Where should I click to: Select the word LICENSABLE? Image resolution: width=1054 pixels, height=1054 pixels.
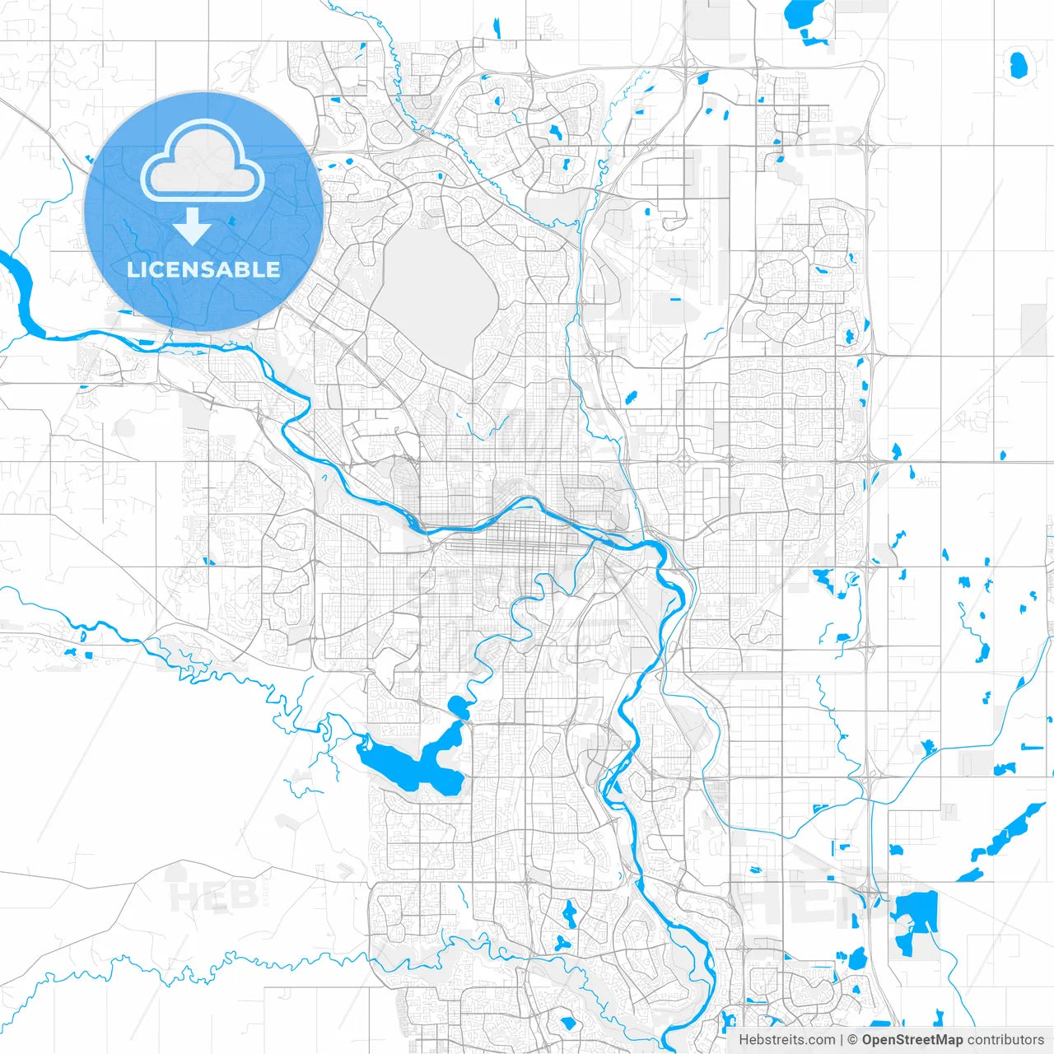203,269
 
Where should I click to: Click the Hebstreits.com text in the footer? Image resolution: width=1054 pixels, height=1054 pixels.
786,1040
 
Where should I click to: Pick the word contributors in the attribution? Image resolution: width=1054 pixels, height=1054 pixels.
1005,1040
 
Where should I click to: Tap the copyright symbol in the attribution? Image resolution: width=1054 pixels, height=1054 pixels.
853,1040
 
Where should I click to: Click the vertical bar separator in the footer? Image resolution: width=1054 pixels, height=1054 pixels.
842,1040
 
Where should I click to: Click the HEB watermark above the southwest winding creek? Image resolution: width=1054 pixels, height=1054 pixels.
202,896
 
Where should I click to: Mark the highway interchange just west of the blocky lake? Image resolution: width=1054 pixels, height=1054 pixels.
871,893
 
